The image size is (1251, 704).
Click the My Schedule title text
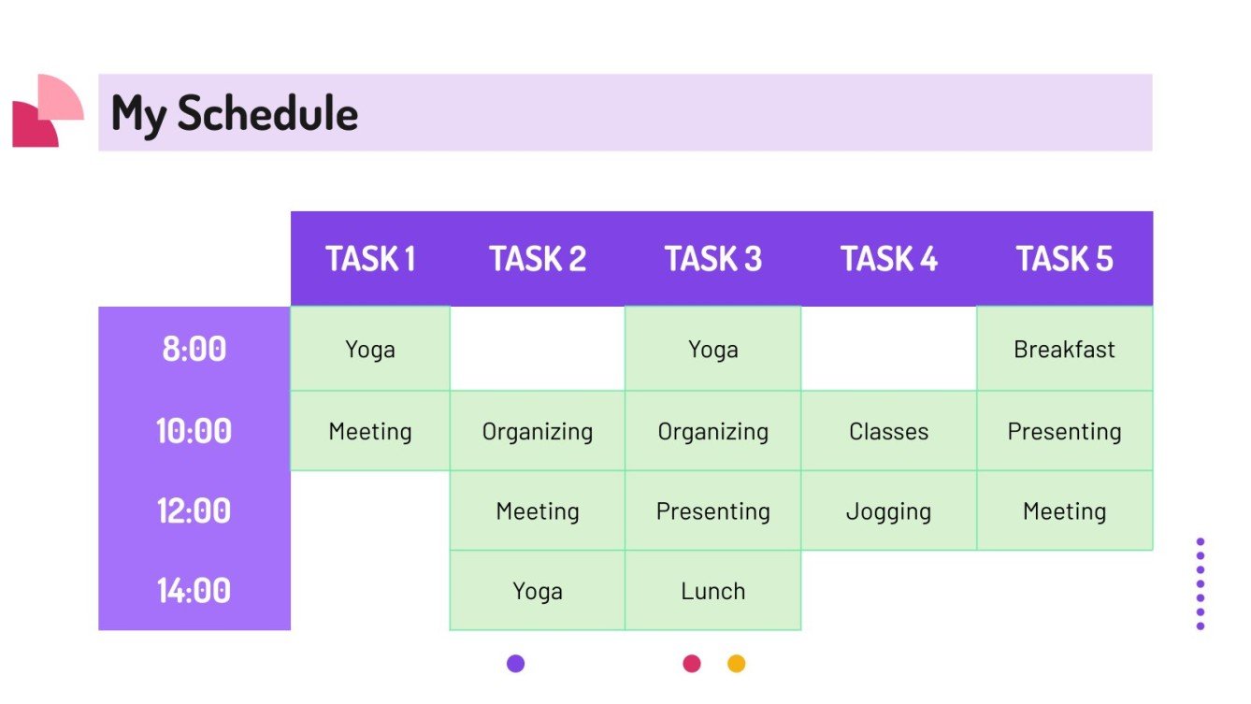click(x=235, y=113)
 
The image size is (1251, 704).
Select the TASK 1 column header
click(x=370, y=259)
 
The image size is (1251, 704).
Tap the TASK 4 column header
click(x=888, y=259)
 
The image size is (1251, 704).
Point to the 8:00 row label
click(x=194, y=349)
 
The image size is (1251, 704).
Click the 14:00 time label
click(x=194, y=591)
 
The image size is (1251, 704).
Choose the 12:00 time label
click(x=194, y=510)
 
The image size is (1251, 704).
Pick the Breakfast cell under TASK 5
click(x=1064, y=350)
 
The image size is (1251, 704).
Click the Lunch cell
click(x=712, y=591)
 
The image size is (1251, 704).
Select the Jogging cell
click(x=888, y=511)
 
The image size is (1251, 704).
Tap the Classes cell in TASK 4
click(x=888, y=432)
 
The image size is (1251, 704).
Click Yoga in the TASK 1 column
click(x=370, y=350)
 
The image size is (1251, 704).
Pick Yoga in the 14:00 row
click(x=537, y=591)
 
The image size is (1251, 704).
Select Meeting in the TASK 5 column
click(x=1064, y=511)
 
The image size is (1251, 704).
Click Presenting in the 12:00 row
click(x=712, y=511)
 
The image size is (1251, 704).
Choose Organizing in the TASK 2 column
click(x=537, y=432)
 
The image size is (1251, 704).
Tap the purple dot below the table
click(x=515, y=664)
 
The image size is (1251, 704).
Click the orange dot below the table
click(x=737, y=664)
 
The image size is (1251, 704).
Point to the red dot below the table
click(x=692, y=664)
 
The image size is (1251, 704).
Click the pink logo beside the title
click(x=47, y=111)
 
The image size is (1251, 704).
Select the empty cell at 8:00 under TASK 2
click(x=537, y=349)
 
